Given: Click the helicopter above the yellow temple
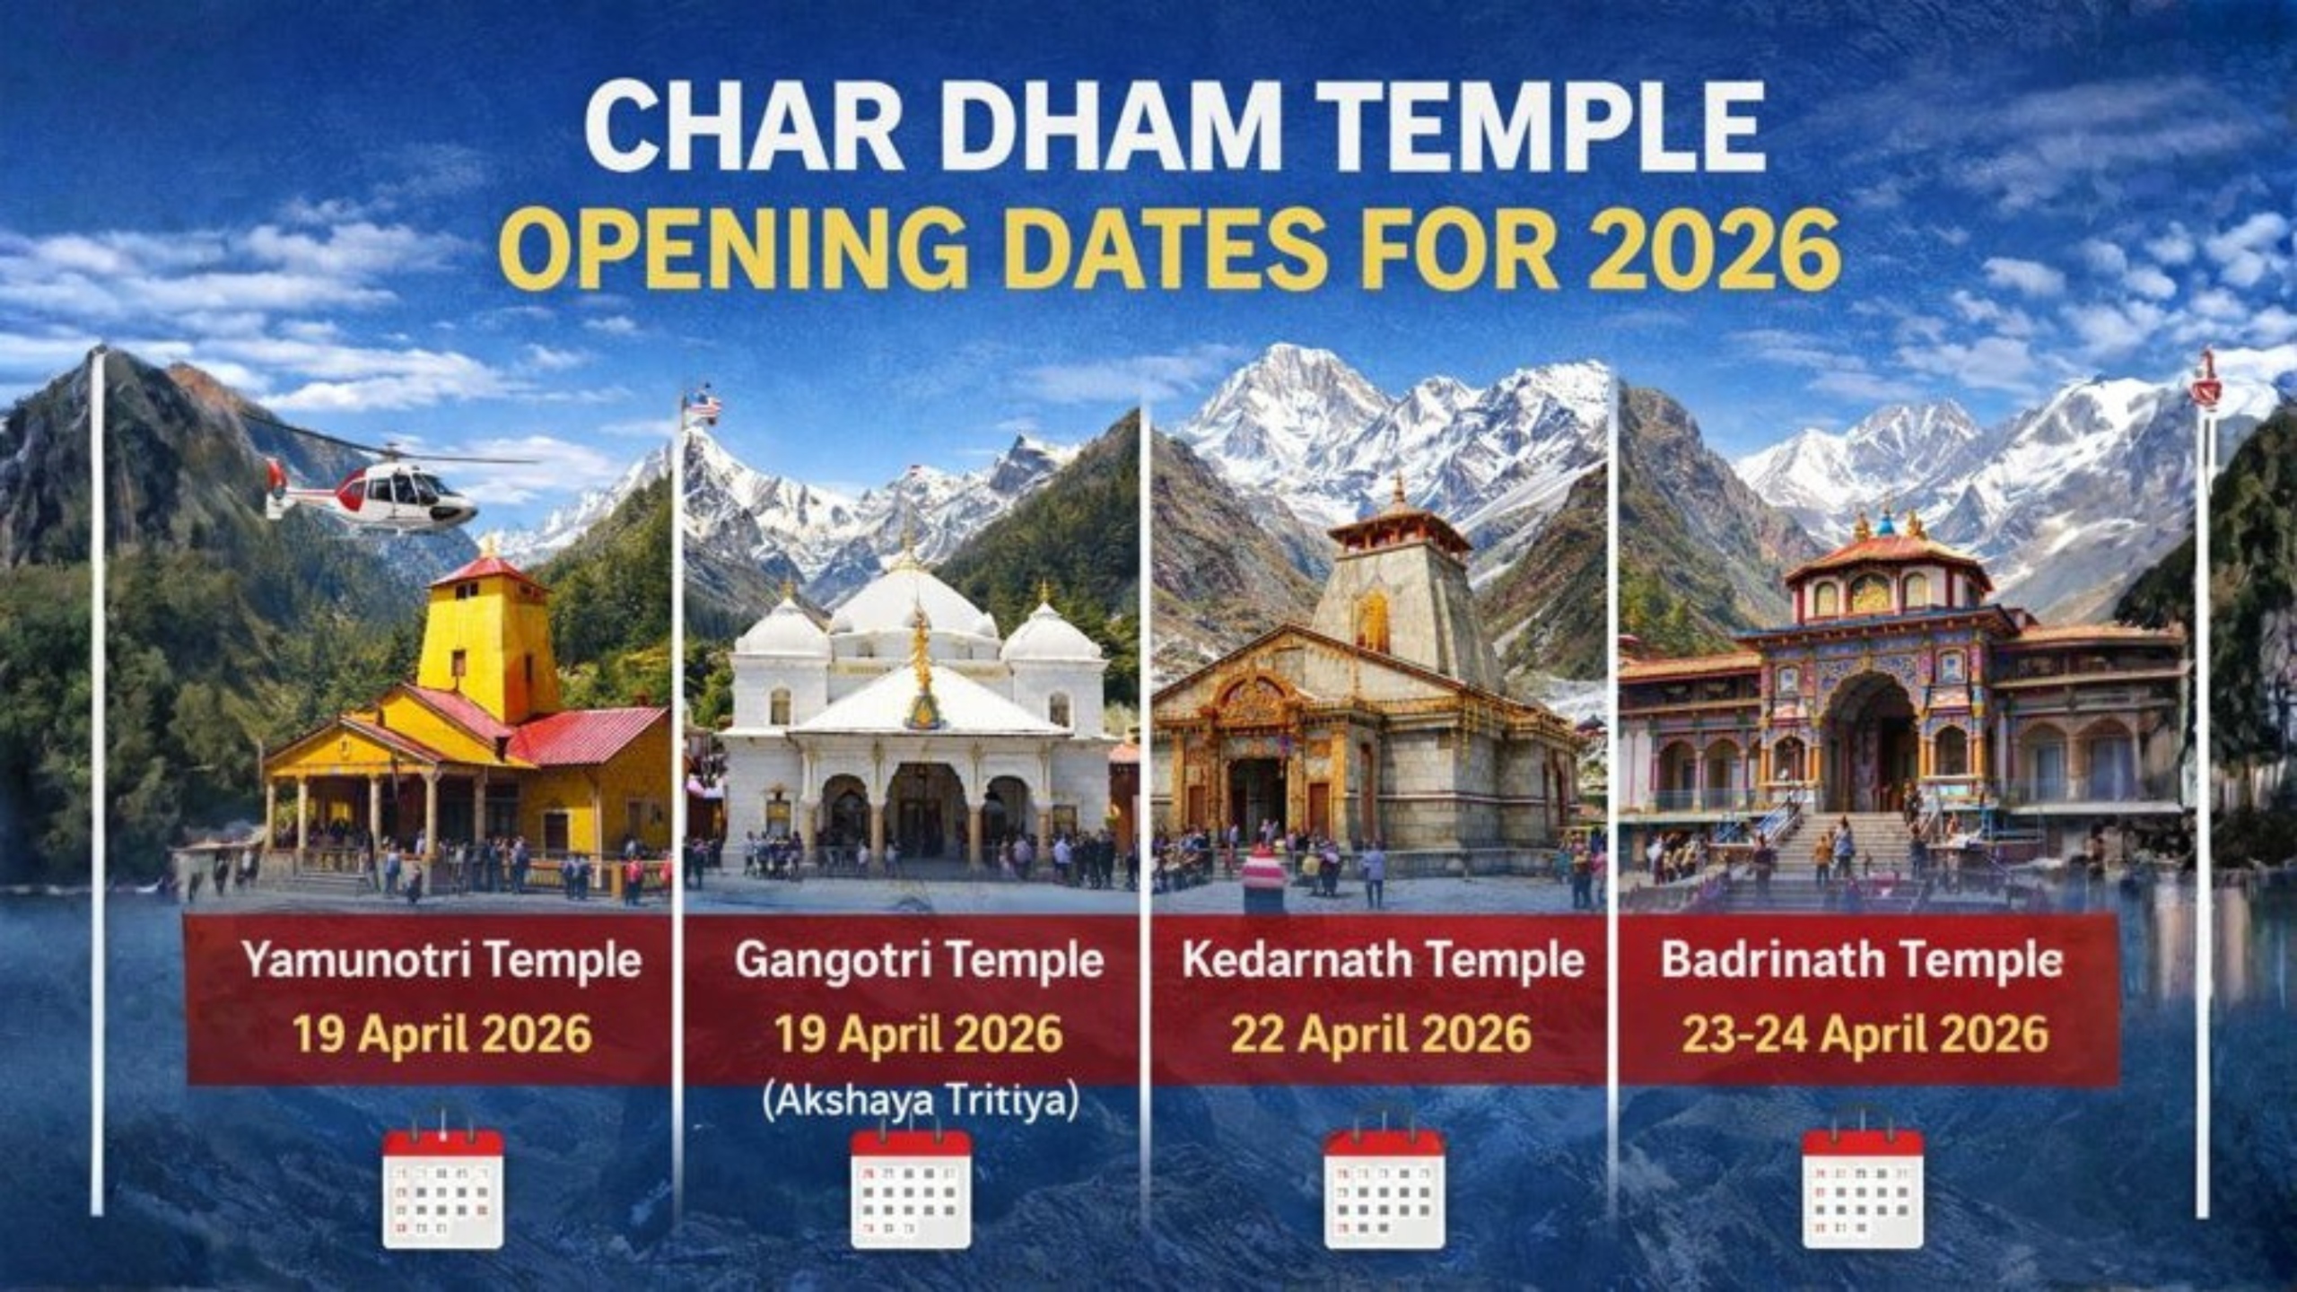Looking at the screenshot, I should [x=377, y=492].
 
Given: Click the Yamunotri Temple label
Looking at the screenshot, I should [x=441, y=961].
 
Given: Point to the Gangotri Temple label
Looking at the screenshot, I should [x=919, y=961].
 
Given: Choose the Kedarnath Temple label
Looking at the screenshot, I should [x=1383, y=961].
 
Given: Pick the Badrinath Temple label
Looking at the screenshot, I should [x=1861, y=961].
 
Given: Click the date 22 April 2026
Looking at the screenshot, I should [x=1381, y=1034].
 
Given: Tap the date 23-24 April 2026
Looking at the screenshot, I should [x=1865, y=1034].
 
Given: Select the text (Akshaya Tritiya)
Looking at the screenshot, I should [x=920, y=1103].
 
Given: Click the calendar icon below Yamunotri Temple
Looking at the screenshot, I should [x=442, y=1188].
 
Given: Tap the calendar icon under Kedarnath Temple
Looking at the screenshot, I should [x=1384, y=1188].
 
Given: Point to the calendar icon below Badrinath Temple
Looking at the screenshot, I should [x=1863, y=1188].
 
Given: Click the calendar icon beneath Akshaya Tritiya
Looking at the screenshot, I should [x=911, y=1188].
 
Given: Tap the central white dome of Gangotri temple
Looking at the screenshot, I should [x=911, y=601].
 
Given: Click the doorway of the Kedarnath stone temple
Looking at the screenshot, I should [x=1256, y=799].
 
